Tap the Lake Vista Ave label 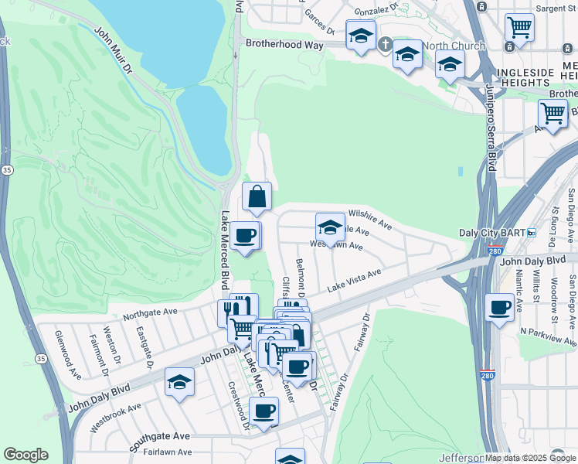pos(354,280)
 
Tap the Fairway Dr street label pos(360,332)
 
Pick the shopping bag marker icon pos(257,197)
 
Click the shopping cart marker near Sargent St pos(519,27)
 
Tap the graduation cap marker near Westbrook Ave pos(179,382)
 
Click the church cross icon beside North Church pos(386,45)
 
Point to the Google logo pos(25,455)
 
